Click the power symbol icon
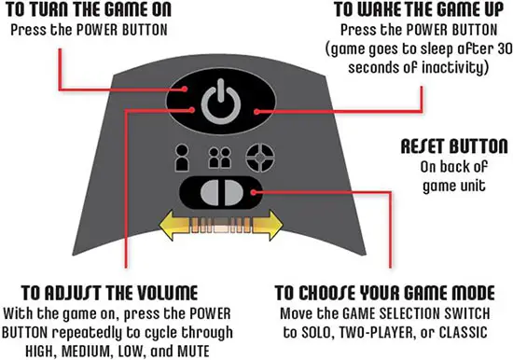[x=221, y=102]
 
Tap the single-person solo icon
[x=182, y=158]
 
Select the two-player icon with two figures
[x=220, y=158]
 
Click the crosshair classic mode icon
[x=260, y=158]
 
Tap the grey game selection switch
[x=222, y=192]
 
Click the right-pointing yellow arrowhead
[x=269, y=226]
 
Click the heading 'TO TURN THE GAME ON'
[x=89, y=9]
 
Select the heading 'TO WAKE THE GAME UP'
[x=419, y=9]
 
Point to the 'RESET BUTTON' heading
[x=454, y=146]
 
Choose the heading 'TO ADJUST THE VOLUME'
[x=110, y=293]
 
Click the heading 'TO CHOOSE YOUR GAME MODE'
[x=384, y=293]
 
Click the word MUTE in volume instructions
[x=193, y=352]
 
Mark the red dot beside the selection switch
[x=254, y=192]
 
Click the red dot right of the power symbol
[x=256, y=112]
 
